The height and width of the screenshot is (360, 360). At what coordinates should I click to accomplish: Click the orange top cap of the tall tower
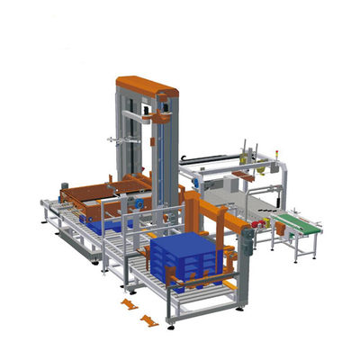(x=147, y=86)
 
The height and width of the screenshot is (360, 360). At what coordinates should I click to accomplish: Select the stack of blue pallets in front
(x=184, y=260)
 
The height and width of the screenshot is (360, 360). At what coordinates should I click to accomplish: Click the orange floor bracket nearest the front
(x=150, y=319)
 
